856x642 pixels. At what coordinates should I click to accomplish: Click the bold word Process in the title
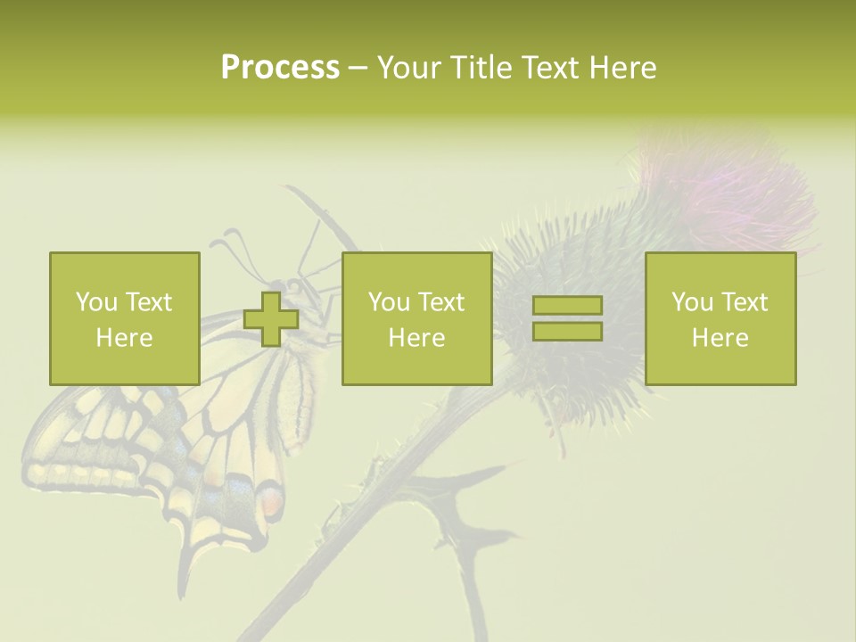(280, 68)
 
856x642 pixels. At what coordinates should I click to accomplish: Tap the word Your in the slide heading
(408, 68)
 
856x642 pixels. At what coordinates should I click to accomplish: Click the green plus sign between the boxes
(271, 319)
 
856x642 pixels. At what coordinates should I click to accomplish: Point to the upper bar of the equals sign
(567, 306)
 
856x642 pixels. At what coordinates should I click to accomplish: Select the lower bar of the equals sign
(567, 332)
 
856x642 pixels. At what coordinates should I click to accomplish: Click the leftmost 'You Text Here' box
(124, 318)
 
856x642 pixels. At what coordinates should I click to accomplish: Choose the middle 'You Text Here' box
(416, 318)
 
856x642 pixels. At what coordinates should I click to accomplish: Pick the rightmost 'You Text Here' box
(720, 318)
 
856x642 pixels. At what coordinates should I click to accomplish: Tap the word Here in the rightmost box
(720, 337)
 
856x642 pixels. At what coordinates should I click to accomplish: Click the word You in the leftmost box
(96, 302)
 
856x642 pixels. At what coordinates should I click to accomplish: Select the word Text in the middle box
(441, 302)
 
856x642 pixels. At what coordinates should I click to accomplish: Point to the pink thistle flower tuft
(731, 192)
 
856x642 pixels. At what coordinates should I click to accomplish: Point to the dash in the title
(358, 68)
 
